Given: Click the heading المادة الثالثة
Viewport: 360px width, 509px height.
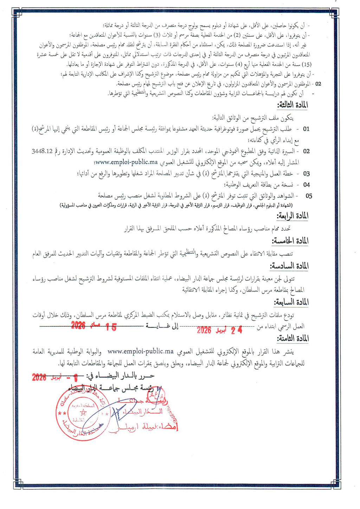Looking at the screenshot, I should click(x=292, y=105).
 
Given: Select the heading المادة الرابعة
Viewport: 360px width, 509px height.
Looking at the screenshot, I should click(x=293, y=216).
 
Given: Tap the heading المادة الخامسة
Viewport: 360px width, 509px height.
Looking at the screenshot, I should click(x=290, y=241).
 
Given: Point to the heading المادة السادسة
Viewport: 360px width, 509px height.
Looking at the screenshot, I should click(x=289, y=266).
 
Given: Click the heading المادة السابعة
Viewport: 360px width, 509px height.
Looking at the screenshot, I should click(x=291, y=302).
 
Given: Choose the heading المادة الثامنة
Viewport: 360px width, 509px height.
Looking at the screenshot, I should click(x=293, y=338).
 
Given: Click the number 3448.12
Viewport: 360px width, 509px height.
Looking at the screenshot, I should click(x=42, y=151).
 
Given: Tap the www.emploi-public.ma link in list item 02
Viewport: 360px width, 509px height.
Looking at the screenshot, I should click(x=126, y=163).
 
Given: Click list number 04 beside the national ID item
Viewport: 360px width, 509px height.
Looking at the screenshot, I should click(x=307, y=185).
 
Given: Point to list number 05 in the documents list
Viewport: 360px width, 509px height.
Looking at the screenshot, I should click(x=309, y=196).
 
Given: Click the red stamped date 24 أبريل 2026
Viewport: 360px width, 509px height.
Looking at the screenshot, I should click(x=219, y=330).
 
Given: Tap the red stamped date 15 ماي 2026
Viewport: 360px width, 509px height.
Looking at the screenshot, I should click(x=94, y=326).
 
